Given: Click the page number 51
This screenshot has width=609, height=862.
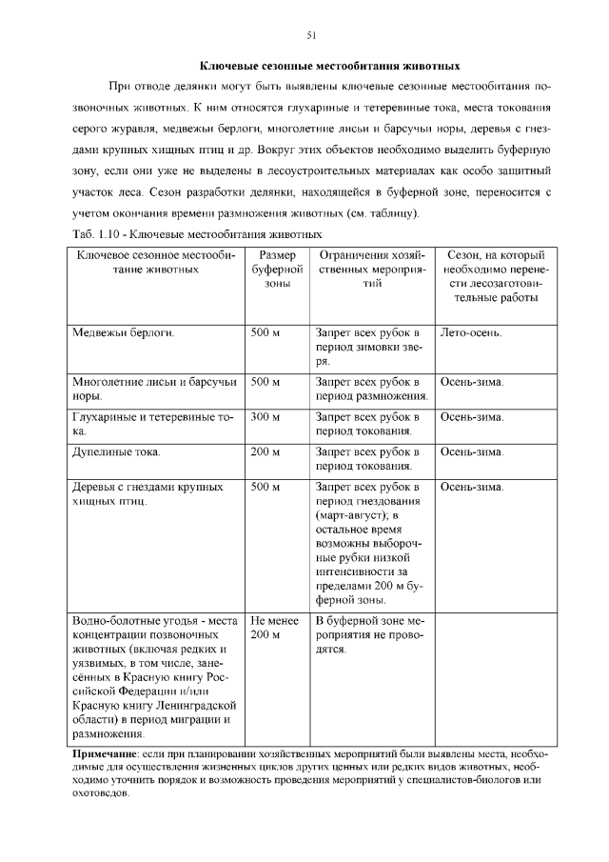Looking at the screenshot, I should (311, 35).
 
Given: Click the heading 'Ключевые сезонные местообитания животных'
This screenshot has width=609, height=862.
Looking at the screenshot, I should (329, 68).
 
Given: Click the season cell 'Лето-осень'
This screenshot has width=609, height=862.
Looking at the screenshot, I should (472, 333).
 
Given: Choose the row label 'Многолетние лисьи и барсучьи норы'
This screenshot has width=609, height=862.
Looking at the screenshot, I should (153, 389).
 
